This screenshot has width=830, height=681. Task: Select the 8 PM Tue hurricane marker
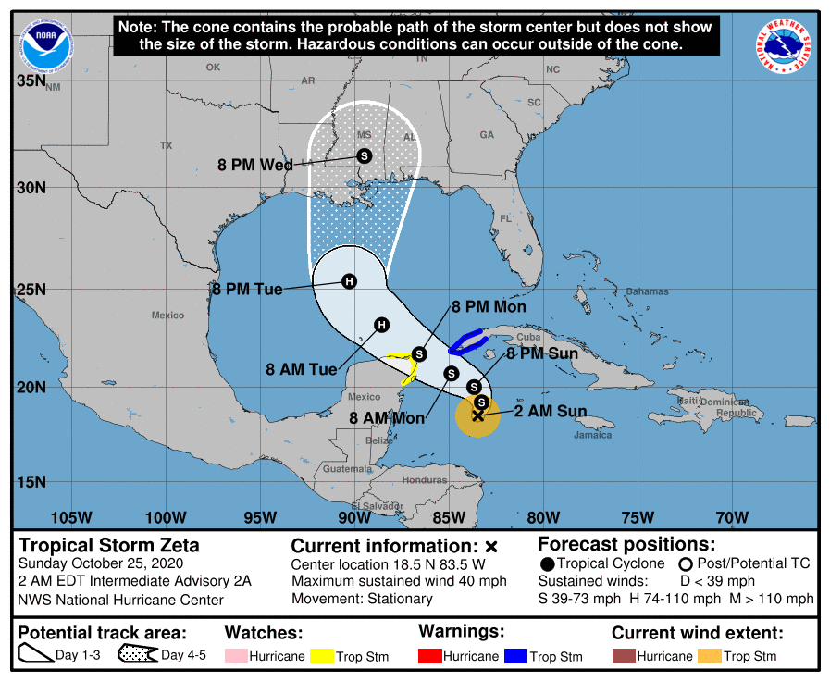click(x=349, y=281)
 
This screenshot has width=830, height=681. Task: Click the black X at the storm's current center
click(x=477, y=416)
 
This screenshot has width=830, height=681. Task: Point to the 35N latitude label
click(x=31, y=81)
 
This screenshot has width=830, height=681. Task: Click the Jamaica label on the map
click(x=592, y=434)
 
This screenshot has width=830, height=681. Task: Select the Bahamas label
click(x=646, y=291)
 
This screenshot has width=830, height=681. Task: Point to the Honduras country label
click(x=425, y=480)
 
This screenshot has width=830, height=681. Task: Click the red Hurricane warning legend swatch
click(x=430, y=656)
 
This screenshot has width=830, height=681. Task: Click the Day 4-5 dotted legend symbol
click(x=138, y=656)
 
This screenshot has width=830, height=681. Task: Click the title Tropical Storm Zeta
click(x=109, y=545)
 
